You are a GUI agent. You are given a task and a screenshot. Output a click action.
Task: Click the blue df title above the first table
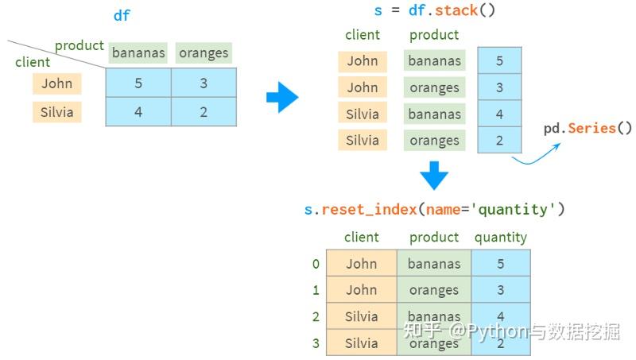[122, 15]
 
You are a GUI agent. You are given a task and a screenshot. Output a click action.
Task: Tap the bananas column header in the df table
[138, 52]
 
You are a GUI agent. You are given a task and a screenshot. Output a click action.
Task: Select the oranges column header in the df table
[204, 52]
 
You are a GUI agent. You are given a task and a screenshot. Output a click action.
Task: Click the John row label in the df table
[57, 83]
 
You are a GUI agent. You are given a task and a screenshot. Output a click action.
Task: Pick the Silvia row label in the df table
[57, 112]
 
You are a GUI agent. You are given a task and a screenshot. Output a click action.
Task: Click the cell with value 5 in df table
[138, 83]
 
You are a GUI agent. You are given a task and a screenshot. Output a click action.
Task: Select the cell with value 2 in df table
[204, 112]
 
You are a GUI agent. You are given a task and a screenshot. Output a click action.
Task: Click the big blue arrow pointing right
[283, 97]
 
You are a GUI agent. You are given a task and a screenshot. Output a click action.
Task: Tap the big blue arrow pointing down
[434, 176]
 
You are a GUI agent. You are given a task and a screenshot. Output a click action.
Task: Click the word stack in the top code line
[456, 10]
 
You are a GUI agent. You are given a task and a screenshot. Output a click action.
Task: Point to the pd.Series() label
[588, 129]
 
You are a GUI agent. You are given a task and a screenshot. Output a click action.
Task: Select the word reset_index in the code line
[369, 210]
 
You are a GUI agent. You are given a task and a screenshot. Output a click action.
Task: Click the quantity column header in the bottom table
[501, 237]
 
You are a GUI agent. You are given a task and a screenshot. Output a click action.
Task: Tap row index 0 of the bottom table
[316, 264]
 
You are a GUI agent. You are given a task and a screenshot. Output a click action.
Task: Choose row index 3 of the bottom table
[316, 343]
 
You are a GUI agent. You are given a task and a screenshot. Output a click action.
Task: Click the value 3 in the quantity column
[501, 290]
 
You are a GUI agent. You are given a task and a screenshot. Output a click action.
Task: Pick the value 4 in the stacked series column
[499, 114]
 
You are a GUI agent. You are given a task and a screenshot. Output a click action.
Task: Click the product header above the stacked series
[434, 35]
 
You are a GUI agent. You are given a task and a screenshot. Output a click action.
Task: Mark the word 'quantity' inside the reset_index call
[513, 210]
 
